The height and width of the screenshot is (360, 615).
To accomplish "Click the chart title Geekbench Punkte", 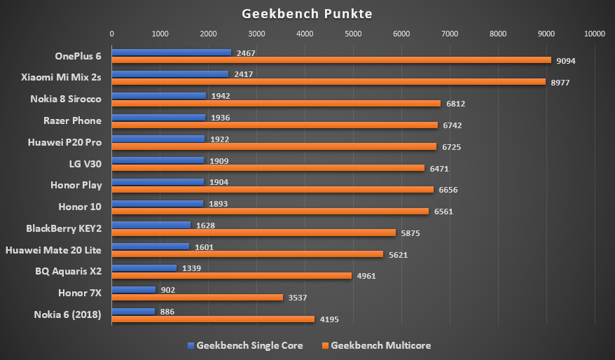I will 307,14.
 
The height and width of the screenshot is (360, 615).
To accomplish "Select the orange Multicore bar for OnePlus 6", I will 331,60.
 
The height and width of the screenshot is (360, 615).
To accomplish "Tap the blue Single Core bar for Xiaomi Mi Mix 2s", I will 170,74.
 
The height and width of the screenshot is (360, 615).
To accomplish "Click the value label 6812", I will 455,104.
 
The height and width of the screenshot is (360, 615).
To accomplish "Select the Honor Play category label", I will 76,185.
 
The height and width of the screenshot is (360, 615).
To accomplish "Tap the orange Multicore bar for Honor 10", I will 270,211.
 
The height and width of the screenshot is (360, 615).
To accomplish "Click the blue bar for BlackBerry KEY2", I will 151,225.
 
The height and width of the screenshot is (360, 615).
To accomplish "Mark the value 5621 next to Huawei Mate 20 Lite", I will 398,254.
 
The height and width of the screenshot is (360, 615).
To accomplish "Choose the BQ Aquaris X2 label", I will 68,271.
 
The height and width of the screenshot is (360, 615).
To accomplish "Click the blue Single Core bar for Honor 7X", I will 133,289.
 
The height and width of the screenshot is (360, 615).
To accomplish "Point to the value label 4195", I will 329,319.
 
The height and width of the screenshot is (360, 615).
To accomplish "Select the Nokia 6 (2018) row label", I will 67,314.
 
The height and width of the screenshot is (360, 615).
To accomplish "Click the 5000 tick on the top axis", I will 352,33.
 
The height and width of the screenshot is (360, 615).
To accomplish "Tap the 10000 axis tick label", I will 594,33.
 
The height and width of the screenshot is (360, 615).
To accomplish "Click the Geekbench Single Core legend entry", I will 244,345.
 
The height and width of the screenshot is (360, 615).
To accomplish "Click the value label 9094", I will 566,61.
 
